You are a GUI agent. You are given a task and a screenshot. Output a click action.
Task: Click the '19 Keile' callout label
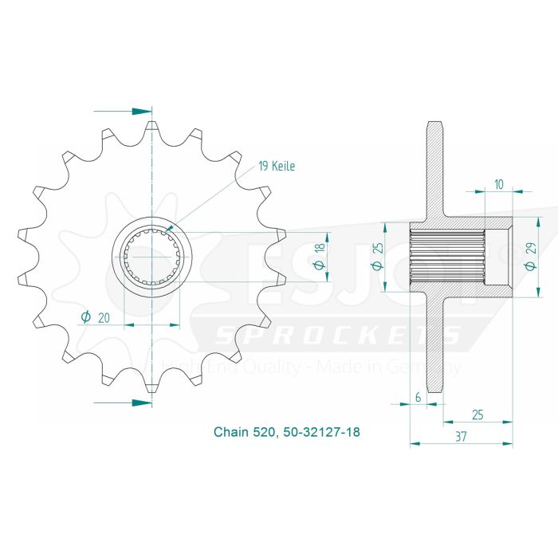pyautogui.click(x=276, y=167)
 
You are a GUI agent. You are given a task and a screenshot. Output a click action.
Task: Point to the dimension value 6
pyautogui.click(x=417, y=395)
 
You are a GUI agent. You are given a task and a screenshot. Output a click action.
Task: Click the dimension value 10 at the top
pyautogui.click(x=498, y=183)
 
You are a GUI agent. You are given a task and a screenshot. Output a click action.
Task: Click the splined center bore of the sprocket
pyautogui.click(x=151, y=257)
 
